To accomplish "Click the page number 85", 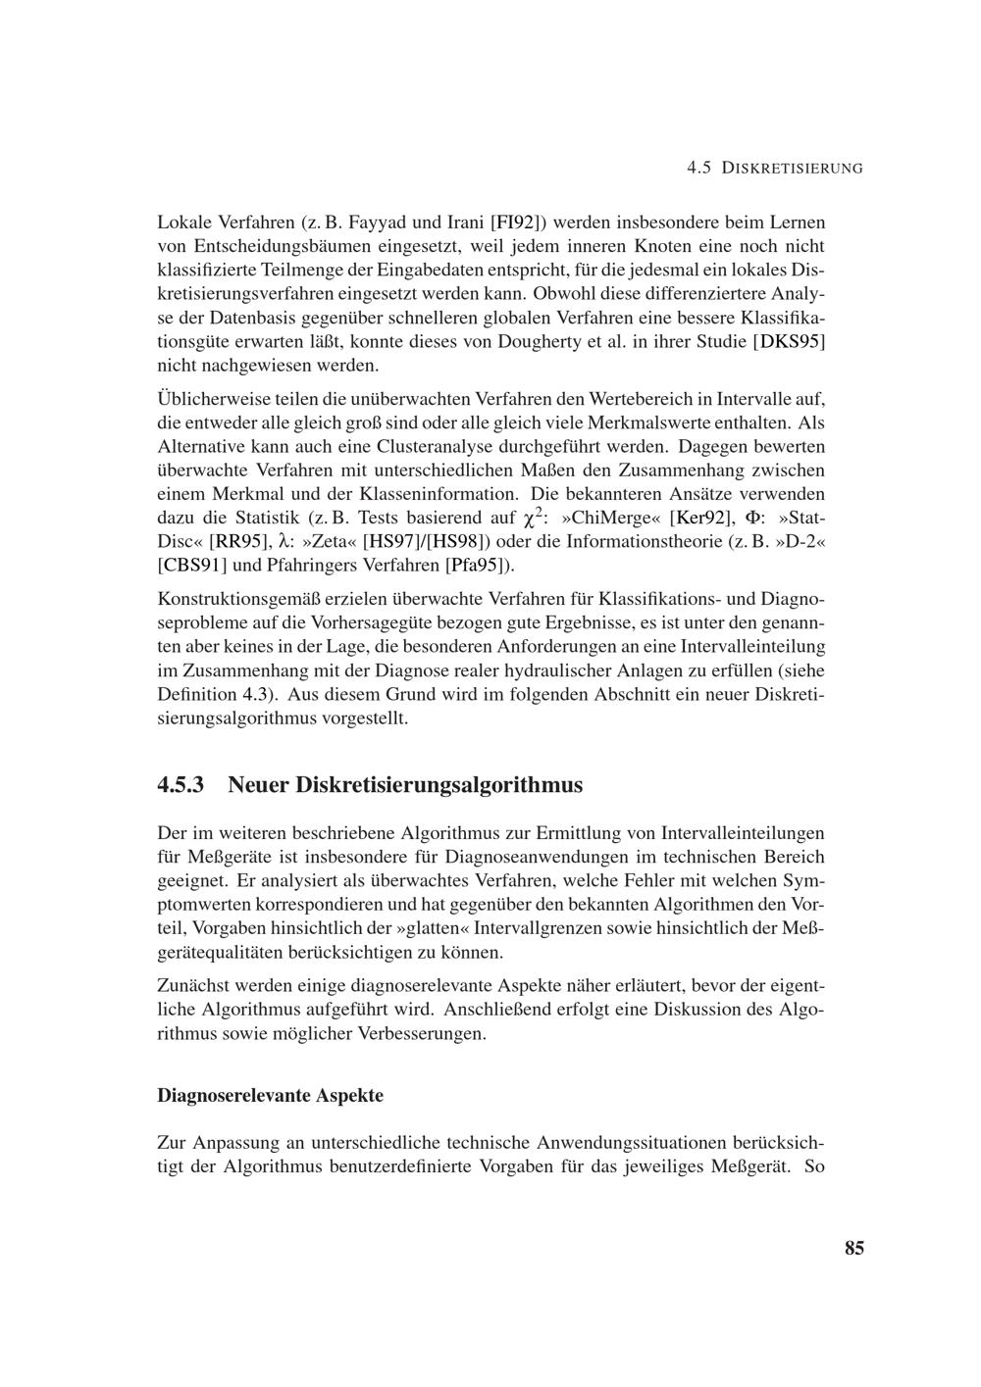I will point(853,1248).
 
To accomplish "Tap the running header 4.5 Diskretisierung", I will point(775,168).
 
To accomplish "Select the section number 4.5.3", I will point(181,785).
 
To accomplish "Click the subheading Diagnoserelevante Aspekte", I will point(270,1095).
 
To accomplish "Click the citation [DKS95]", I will point(788,342).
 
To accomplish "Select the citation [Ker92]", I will point(700,518).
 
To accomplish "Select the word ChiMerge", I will point(614,518).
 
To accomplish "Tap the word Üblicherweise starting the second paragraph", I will point(216,400).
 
